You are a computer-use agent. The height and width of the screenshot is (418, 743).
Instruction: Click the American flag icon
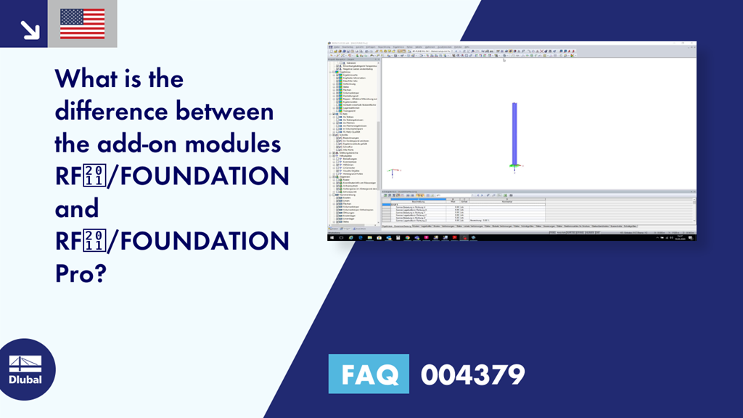[82, 23]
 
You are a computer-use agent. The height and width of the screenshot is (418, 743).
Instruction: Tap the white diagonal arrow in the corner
[29, 28]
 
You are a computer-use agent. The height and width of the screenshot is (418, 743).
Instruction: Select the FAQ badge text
[369, 374]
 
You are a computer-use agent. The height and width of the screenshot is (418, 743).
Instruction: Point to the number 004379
[472, 374]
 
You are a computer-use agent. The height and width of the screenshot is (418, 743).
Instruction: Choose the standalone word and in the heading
[76, 209]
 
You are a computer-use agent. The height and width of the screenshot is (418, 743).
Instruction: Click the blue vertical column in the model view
[514, 134]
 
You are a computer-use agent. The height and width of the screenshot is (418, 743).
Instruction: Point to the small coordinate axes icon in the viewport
[392, 173]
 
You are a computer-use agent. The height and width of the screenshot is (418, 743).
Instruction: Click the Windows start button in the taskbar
[332, 237]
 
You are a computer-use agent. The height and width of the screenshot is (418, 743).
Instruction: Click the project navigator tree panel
[353, 138]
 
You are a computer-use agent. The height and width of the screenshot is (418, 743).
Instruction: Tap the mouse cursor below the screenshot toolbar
[504, 60]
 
